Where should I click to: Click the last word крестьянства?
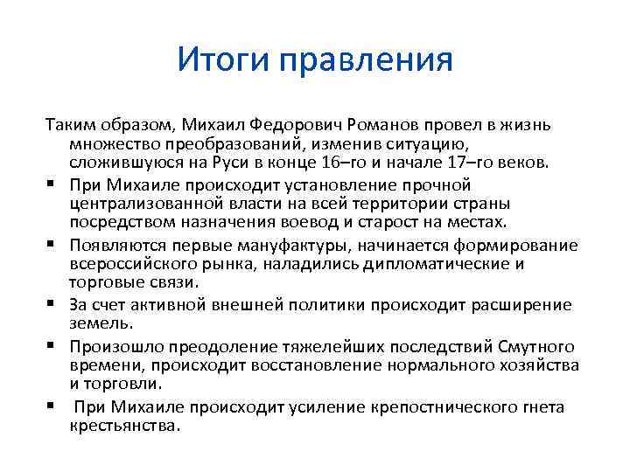tap(122, 426)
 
